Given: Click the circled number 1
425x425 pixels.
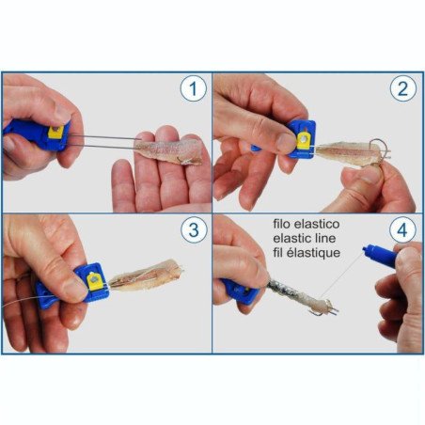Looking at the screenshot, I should click(x=193, y=90).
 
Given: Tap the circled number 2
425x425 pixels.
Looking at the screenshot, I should click(x=403, y=90).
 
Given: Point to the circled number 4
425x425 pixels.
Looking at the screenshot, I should click(x=403, y=230).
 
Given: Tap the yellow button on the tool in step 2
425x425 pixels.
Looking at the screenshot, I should click(x=302, y=138).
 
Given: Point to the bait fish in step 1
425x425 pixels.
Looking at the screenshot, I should click(x=167, y=151).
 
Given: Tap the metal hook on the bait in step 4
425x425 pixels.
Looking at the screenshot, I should click(x=328, y=306).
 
